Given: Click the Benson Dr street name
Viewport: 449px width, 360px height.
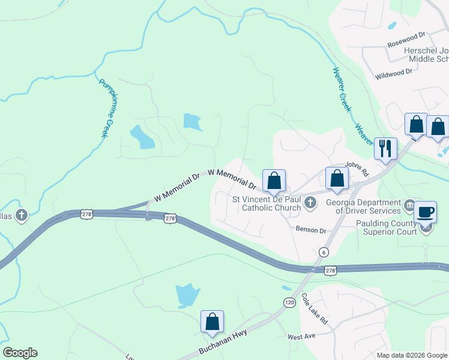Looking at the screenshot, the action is [310, 230].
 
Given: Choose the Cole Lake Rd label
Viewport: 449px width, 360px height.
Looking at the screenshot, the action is [314, 309].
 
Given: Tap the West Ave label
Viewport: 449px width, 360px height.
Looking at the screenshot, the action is [301, 337].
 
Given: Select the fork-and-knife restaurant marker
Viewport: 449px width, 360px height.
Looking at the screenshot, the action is [385, 148].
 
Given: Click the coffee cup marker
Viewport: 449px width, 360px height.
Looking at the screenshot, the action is [426, 212].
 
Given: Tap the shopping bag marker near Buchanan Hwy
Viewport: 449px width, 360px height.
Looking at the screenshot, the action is [212, 322].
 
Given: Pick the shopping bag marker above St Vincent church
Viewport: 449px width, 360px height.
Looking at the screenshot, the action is [274, 180].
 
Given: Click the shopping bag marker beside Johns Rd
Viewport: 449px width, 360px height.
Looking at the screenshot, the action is [336, 178].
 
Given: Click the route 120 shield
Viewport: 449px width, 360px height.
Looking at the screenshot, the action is [290, 303].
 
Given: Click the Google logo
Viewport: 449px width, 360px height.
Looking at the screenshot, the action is [20, 353].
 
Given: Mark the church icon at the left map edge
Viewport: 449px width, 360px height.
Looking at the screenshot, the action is [22, 215].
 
